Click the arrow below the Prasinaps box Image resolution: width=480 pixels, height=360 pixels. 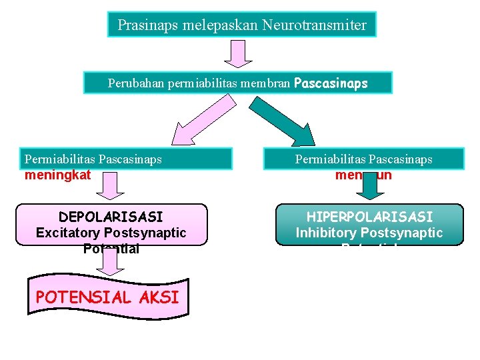pos(238,53)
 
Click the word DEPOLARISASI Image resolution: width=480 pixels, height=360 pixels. pos(111,217)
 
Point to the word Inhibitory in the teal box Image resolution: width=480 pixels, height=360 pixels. pos(327,233)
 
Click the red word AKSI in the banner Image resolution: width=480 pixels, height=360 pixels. pos(161,297)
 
